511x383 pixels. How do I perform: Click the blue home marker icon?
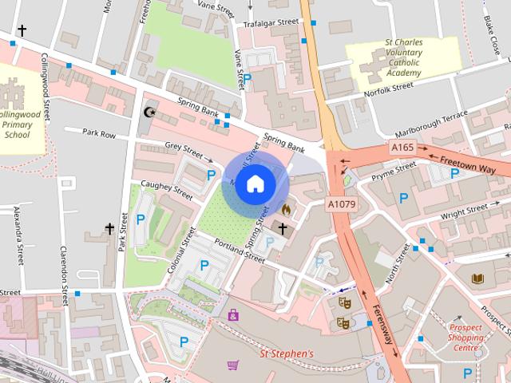(255, 184)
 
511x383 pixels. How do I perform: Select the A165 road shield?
(402, 148)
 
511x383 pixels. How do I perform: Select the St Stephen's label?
(287, 352)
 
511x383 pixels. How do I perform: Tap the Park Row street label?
(99, 134)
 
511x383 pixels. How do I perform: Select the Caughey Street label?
(166, 190)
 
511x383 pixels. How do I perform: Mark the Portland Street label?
(243, 251)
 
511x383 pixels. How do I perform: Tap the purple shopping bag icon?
(233, 315)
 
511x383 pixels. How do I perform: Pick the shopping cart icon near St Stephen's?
(232, 365)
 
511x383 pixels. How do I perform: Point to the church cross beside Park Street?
(109, 229)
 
